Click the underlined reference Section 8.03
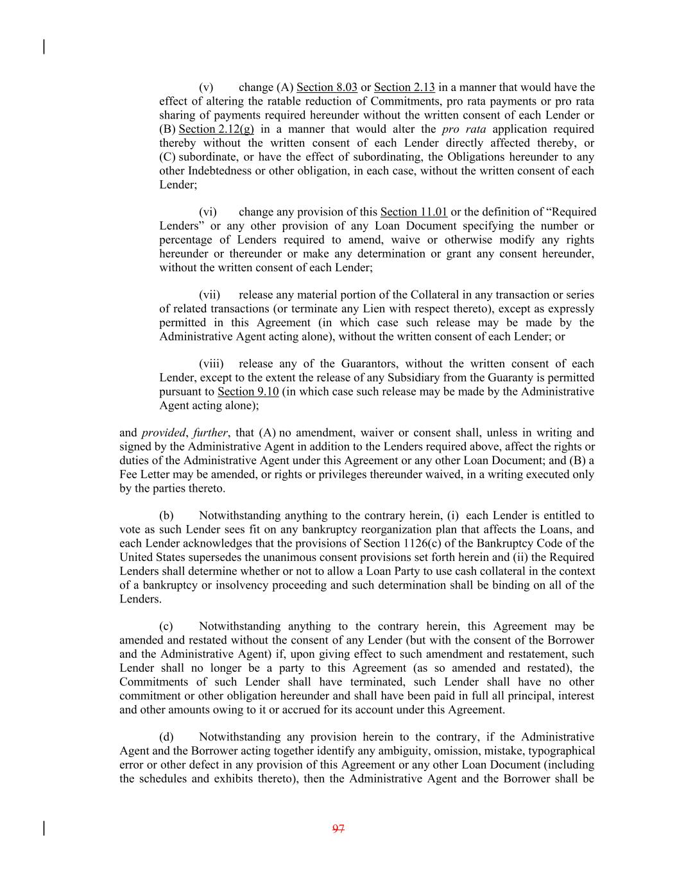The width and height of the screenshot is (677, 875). [x=327, y=87]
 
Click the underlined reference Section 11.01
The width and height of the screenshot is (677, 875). [x=414, y=212]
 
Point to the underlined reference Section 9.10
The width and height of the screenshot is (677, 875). [x=248, y=392]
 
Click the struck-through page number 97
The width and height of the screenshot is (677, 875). [x=339, y=829]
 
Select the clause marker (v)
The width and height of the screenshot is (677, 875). [x=206, y=87]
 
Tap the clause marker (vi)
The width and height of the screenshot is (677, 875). [x=207, y=212]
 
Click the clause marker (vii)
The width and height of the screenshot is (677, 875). [x=209, y=295]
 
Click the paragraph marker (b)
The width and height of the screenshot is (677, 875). [x=167, y=516]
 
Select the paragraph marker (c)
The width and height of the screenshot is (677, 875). [x=167, y=626]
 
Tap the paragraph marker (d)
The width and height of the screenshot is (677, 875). [x=167, y=737]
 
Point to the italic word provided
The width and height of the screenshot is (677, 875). [x=162, y=433]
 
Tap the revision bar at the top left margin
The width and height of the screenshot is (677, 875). [x=44, y=47]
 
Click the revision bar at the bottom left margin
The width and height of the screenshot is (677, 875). [x=44, y=828]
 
